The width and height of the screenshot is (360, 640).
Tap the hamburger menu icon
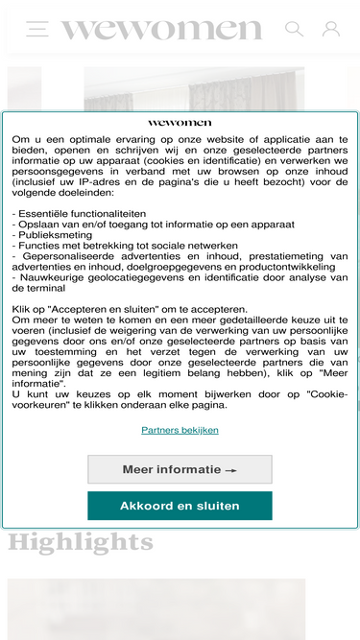[x=37, y=29]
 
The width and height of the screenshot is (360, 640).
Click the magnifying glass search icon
[x=294, y=29]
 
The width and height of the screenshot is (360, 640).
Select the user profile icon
[x=331, y=29]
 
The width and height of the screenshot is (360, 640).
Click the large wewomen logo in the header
[x=161, y=30]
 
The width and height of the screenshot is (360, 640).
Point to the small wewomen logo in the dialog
[x=180, y=123]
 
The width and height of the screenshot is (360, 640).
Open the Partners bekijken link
[x=180, y=430]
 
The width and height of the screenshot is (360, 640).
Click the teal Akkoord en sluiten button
[x=180, y=506]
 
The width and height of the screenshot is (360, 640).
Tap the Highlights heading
[x=81, y=543]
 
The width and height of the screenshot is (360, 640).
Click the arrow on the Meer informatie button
[x=230, y=470]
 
